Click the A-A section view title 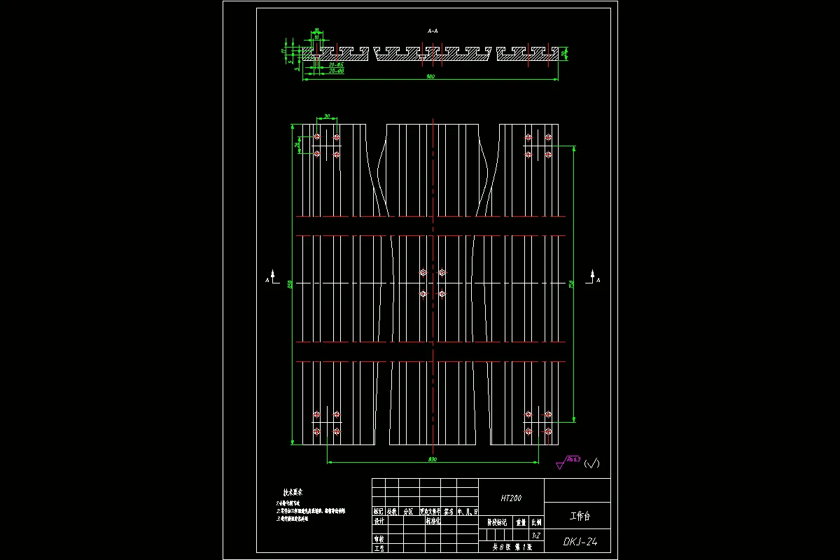tap(433, 31)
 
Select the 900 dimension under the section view tap(430, 76)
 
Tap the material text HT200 tap(511, 498)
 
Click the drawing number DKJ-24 tap(580, 541)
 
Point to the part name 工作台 tap(580, 517)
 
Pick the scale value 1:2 tap(535, 535)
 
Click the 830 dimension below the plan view tap(432, 459)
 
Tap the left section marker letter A tap(267, 280)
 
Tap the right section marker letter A tap(598, 280)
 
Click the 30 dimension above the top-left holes tap(327, 116)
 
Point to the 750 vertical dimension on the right tap(571, 283)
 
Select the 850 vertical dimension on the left tap(289, 283)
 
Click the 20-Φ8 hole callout tap(336, 71)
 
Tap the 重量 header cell tap(521, 521)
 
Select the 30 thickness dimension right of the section tap(564, 52)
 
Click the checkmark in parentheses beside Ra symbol tap(592, 463)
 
